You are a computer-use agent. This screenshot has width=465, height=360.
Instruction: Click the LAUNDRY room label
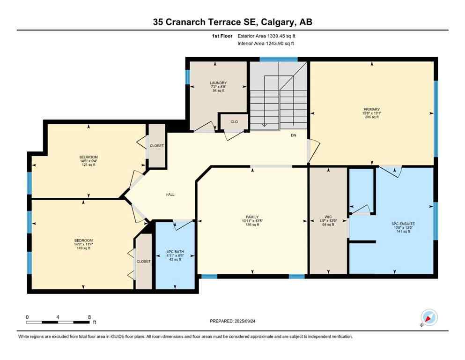218,83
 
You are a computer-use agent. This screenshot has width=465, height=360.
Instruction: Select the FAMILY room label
252,217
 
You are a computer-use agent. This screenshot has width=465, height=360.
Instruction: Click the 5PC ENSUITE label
403,224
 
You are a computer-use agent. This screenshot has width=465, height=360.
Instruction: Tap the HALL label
170,195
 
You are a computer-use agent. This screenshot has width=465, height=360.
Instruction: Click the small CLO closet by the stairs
234,121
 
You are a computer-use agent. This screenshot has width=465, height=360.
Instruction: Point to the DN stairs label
294,135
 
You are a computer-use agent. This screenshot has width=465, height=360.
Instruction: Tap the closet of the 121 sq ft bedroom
157,146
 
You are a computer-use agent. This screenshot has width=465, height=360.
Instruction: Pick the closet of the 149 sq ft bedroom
144,261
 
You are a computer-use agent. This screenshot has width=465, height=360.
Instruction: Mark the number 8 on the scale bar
89,317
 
